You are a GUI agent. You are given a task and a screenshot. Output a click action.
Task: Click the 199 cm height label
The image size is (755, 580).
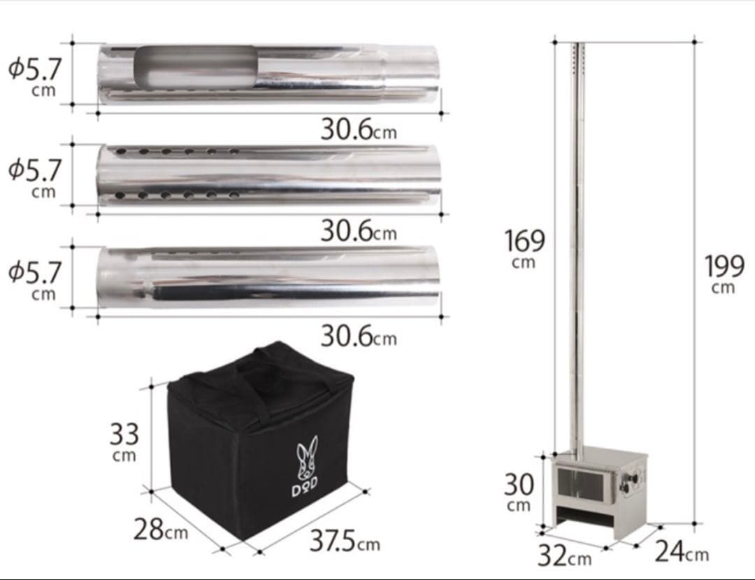(724, 274)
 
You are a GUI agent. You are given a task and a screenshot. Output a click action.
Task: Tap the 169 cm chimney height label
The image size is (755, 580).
(524, 248)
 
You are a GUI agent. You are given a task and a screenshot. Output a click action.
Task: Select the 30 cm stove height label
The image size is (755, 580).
(519, 492)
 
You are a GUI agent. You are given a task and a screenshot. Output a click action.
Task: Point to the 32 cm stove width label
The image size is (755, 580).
(564, 555)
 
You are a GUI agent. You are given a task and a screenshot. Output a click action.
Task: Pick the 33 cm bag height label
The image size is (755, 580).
(124, 441)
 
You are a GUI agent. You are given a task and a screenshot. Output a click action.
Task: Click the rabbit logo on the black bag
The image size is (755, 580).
(307, 458)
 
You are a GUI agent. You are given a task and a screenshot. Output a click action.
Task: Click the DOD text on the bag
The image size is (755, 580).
(305, 488)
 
